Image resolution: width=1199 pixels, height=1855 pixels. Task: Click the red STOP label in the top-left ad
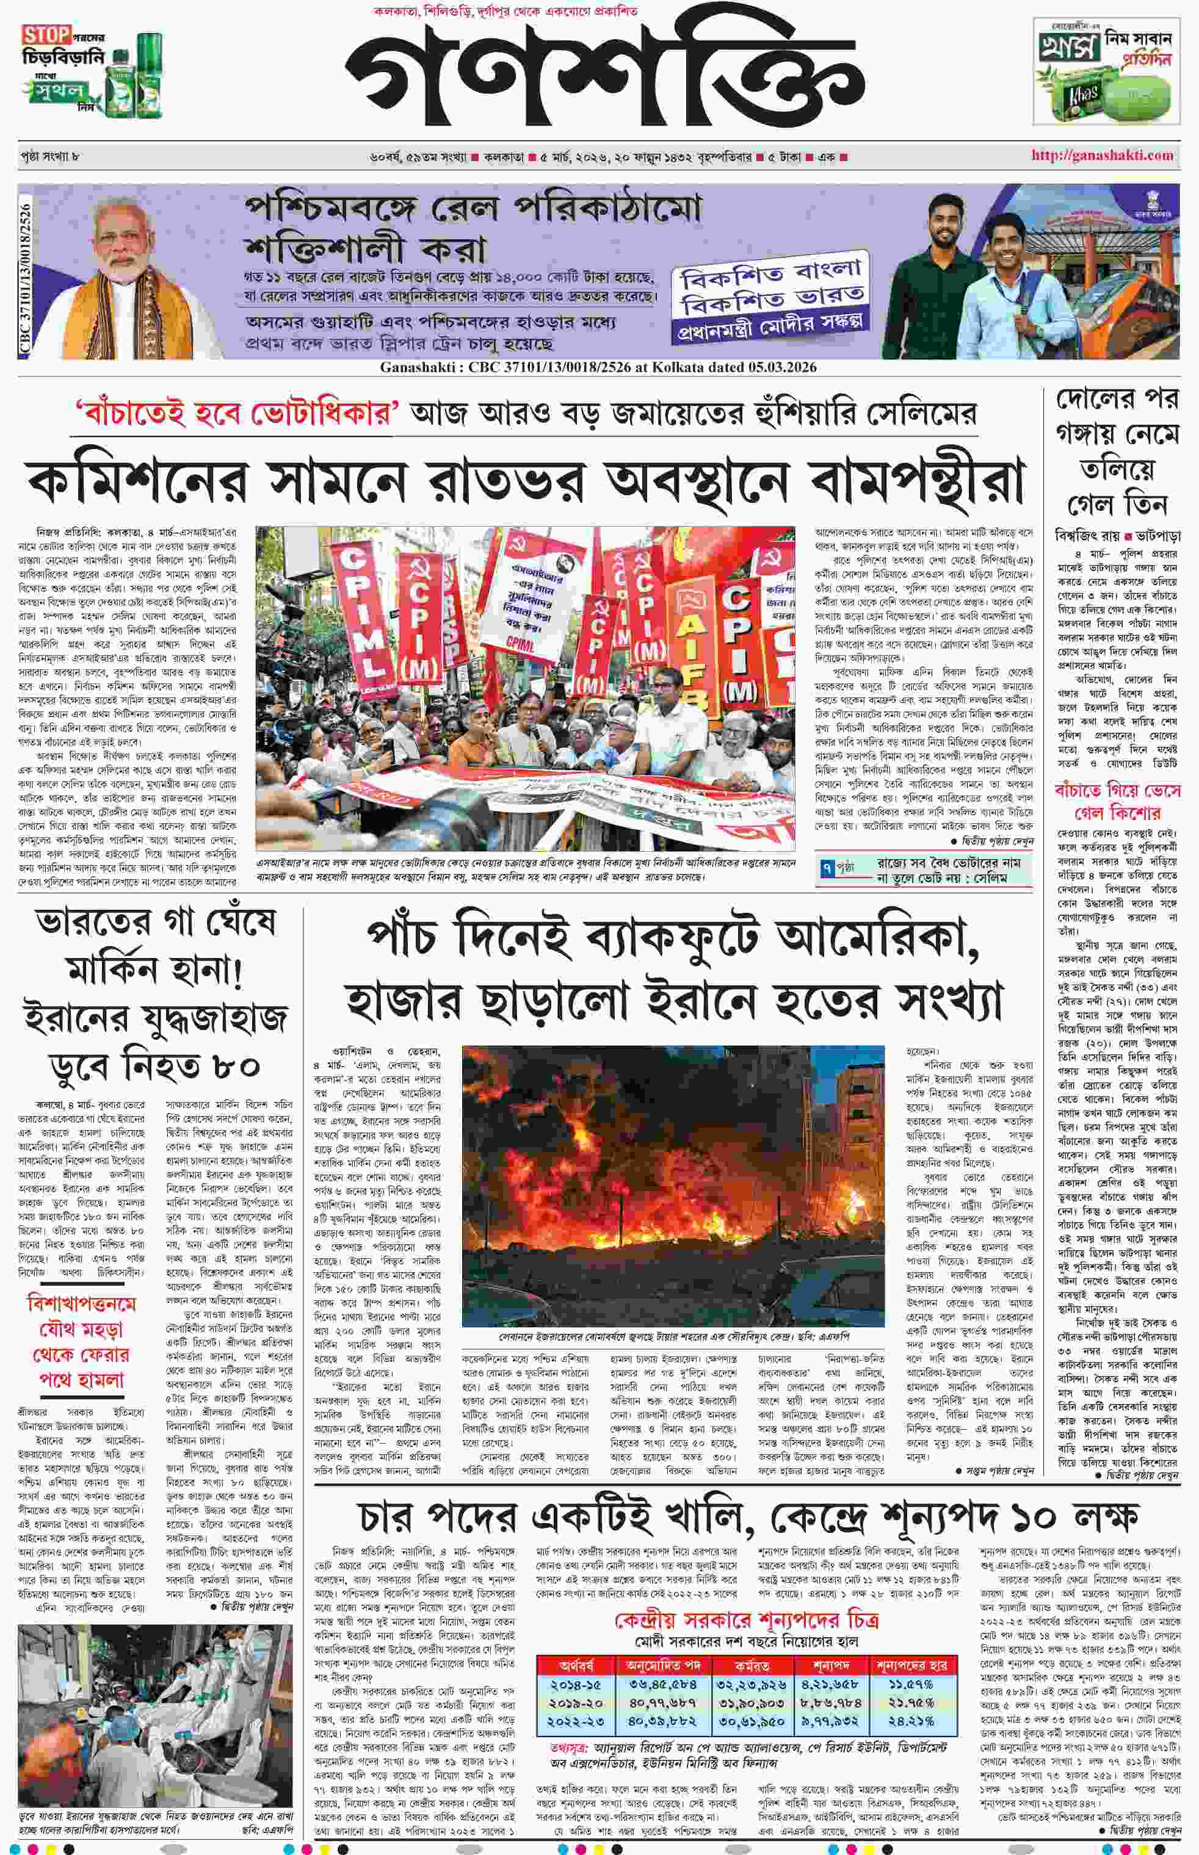[x=46, y=35]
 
